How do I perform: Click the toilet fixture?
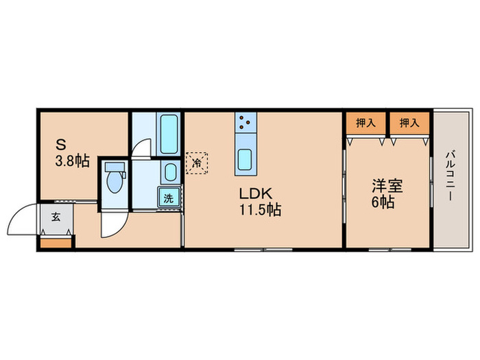click(114, 179)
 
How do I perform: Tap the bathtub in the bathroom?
click(169, 134)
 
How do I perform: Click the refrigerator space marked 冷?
click(197, 163)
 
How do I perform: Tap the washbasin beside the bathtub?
click(169, 171)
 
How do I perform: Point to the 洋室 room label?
click(386, 186)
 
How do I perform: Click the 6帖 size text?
click(386, 202)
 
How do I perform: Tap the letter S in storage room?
click(60, 145)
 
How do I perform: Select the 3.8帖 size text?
click(71, 162)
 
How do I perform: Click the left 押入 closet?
click(365, 123)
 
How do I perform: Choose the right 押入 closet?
click(409, 123)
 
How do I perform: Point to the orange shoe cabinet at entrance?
click(56, 241)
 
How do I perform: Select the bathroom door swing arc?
click(141, 148)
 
